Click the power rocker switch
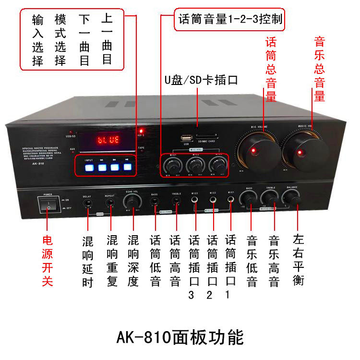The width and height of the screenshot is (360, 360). pos(48,205)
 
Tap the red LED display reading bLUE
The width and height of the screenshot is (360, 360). pos(108,141)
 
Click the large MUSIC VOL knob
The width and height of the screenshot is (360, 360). pos(300,151)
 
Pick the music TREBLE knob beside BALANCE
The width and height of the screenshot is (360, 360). pos(269,198)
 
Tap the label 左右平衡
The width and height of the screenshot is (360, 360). pos(298,260)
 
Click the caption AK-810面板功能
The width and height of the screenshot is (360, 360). pos(180,337)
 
